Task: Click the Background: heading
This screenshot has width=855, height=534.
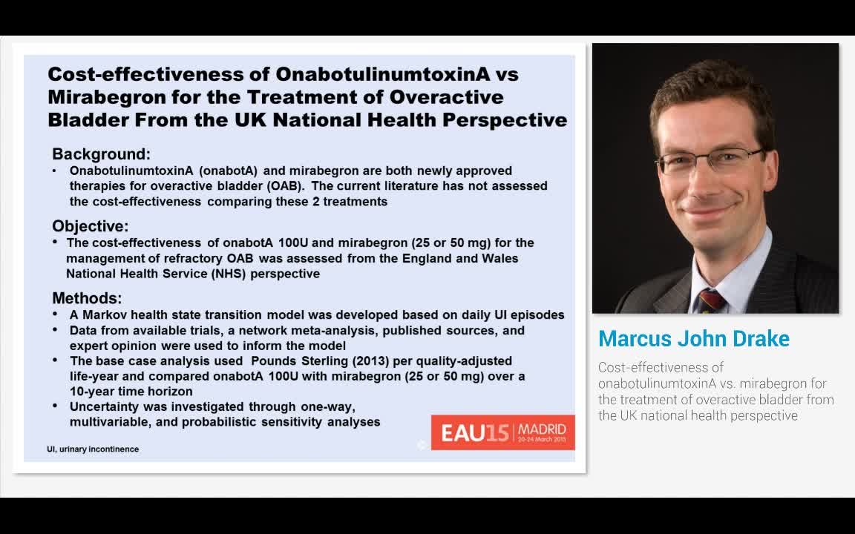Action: tap(101, 154)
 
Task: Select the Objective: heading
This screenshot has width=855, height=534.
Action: tap(90, 226)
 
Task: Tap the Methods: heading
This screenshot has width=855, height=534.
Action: tap(87, 298)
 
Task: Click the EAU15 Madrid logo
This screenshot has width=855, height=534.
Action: tap(503, 432)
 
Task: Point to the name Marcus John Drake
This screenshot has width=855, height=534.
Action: tap(693, 339)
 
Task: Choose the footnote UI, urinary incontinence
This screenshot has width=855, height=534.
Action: tap(93, 449)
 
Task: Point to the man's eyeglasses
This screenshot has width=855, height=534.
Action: tap(708, 159)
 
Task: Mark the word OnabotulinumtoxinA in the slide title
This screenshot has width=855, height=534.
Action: tap(396, 74)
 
